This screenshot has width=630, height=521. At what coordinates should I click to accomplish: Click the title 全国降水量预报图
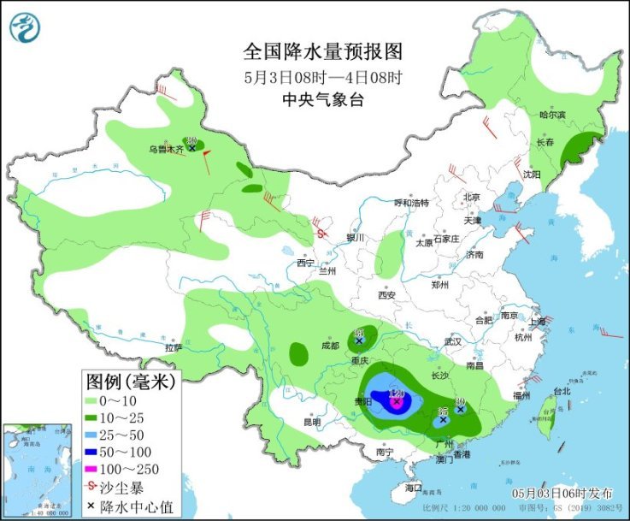pos(322,50)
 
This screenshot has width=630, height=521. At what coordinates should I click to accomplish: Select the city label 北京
pos(471,197)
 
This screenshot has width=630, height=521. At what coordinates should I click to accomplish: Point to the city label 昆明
pos(311,422)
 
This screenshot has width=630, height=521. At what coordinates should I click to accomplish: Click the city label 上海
pos(537,321)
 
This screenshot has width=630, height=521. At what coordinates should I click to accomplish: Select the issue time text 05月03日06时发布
pos(562,494)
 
